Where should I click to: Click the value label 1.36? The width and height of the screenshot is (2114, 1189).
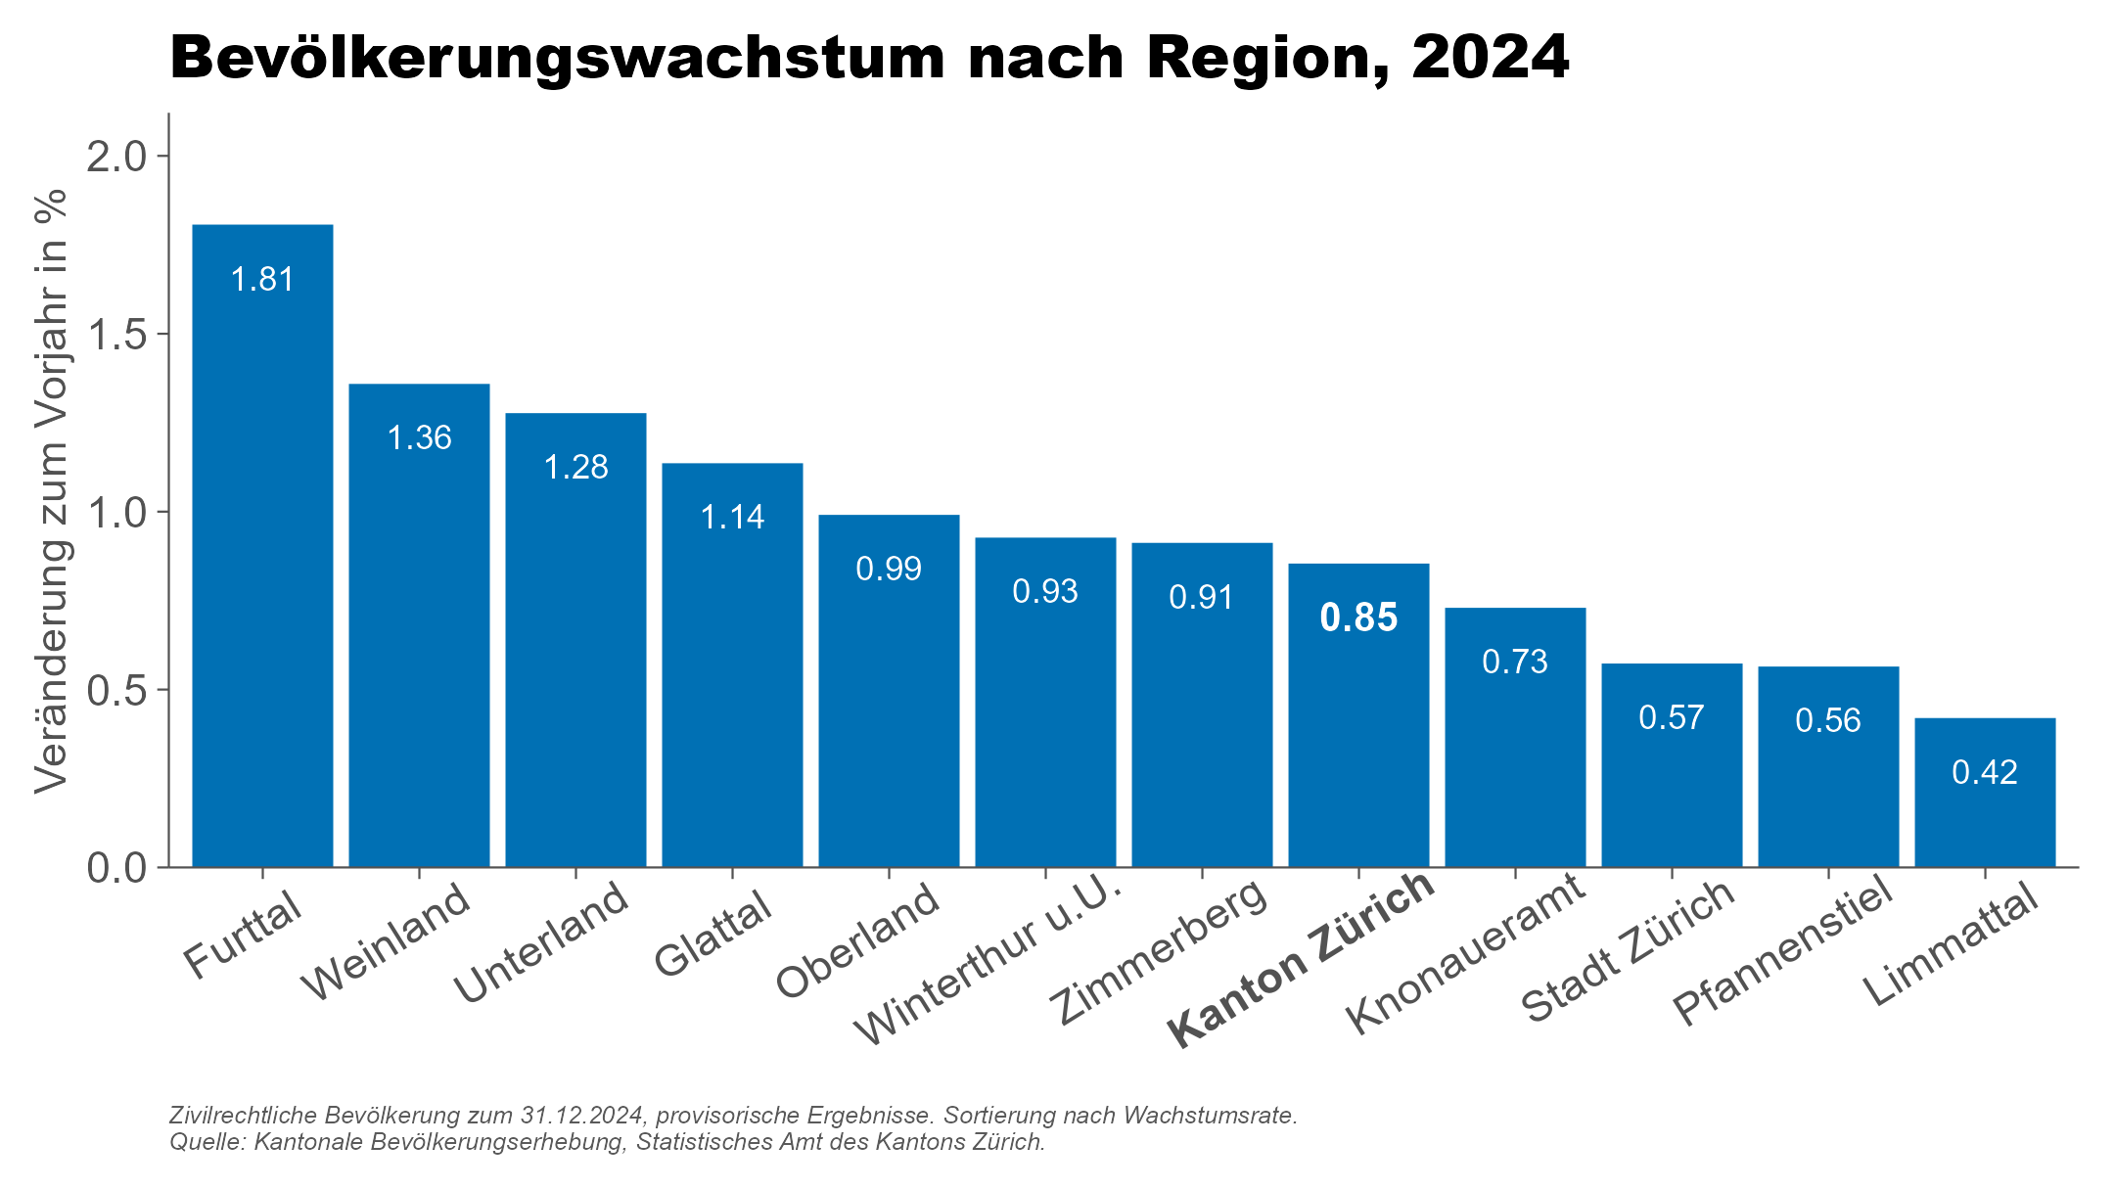pos(419,437)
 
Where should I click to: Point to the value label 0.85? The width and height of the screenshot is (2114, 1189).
pos(1358,617)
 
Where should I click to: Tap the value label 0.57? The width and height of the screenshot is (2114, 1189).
pos(1672,717)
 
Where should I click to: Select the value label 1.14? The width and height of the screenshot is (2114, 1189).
pos(732,517)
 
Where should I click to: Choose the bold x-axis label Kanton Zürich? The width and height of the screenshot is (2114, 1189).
pos(1302,959)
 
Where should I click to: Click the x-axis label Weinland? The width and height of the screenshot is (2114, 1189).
pos(388,941)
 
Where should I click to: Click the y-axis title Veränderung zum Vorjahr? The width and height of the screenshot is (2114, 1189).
pos(51,489)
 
